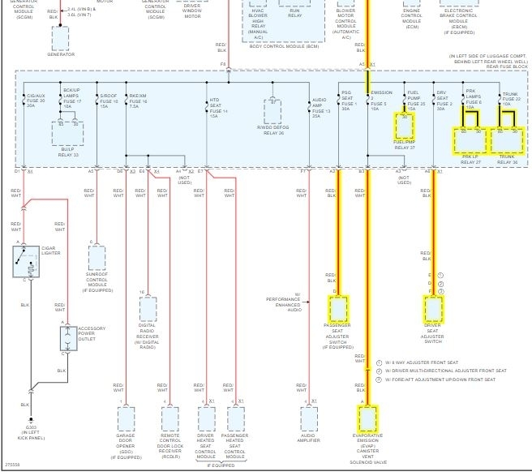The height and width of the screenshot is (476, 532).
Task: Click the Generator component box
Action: [x=60, y=38]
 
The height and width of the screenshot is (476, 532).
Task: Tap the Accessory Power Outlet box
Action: [x=67, y=339]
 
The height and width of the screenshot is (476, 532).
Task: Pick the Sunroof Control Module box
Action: [x=97, y=259]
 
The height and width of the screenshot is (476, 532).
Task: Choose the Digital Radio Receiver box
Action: [x=148, y=308]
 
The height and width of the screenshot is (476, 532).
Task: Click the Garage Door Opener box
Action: [x=126, y=419]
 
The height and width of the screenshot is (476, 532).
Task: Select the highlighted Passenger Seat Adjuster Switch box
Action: [x=337, y=310]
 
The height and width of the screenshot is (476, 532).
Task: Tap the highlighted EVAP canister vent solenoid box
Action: [x=367, y=419]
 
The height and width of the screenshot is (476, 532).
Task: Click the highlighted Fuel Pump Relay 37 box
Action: [x=405, y=126]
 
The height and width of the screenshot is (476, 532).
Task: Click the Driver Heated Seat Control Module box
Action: [x=206, y=419]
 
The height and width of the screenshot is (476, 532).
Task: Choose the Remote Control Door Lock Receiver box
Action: [x=169, y=419]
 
